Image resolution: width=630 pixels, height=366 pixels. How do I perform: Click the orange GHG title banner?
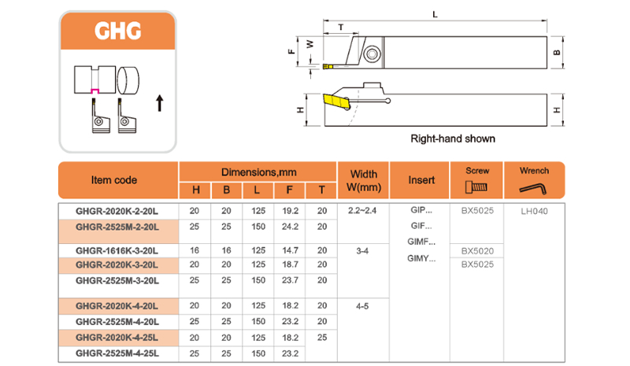[117, 32]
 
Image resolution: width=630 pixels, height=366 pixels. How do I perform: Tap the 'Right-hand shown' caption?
[453, 139]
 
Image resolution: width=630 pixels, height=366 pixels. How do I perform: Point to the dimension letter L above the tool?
[435, 14]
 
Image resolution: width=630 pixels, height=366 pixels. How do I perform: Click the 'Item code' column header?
[114, 180]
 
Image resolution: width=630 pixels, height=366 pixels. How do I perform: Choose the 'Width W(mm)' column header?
[363, 180]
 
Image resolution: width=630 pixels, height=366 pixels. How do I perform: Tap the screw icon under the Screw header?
[476, 188]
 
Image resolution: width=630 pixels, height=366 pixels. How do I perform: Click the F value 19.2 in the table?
[289, 211]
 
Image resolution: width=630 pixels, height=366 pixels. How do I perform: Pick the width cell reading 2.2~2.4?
[363, 211]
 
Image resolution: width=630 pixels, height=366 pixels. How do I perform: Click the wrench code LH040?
[535, 211]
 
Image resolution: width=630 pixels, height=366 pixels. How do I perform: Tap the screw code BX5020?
[477, 250]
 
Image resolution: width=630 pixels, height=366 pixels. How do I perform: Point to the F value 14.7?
[289, 250]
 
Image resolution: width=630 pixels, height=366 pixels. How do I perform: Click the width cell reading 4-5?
[363, 305]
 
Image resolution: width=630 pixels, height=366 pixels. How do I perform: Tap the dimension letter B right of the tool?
[557, 54]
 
